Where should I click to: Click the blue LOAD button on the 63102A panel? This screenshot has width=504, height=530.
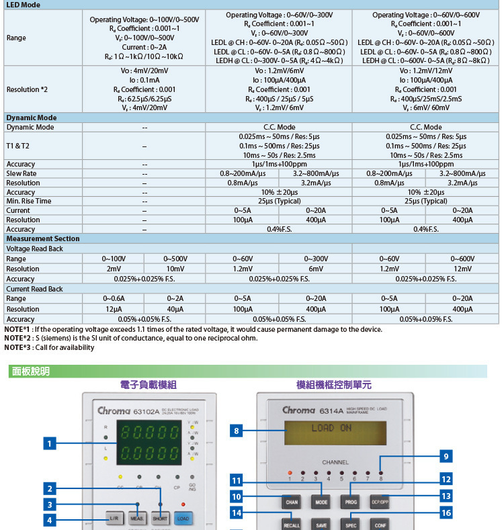pyautogui.click(x=182, y=519)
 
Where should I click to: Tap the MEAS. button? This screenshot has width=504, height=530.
pyautogui.click(x=137, y=519)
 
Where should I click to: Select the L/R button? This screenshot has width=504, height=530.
pyautogui.click(x=114, y=519)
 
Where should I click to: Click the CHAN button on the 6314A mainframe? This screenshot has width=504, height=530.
pyautogui.click(x=292, y=502)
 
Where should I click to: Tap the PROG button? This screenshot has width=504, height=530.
pyautogui.click(x=351, y=502)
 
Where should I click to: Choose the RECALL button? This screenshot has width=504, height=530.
pyautogui.click(x=292, y=525)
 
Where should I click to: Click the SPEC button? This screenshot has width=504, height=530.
pyautogui.click(x=351, y=525)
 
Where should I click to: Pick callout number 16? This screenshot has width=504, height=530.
pyautogui.click(x=446, y=513)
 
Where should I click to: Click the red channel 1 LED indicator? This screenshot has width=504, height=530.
pyautogui.click(x=290, y=473)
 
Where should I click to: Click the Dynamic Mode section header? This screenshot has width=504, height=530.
pyautogui.click(x=32, y=118)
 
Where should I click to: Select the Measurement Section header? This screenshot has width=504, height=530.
pyautogui.click(x=43, y=238)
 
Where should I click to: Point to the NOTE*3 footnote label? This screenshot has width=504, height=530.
pyautogui.click(x=17, y=347)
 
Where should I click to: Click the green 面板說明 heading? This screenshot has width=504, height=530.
pyautogui.click(x=31, y=371)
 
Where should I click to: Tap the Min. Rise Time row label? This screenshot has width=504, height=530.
pyautogui.click(x=29, y=201)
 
